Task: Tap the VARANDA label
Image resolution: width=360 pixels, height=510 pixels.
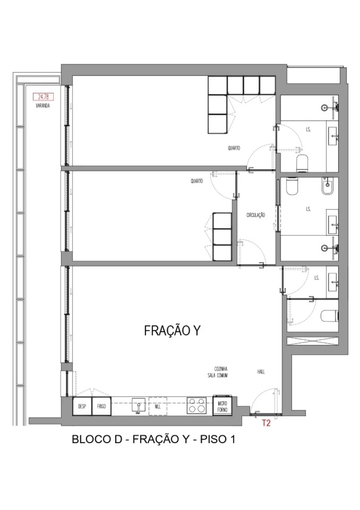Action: (42, 106)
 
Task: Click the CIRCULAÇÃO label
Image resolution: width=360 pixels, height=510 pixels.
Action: (256, 215)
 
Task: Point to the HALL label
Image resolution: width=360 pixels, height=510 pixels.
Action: (261, 371)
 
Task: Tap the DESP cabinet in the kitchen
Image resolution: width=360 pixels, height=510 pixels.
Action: (82, 406)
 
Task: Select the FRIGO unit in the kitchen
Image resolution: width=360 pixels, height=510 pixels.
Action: (101, 406)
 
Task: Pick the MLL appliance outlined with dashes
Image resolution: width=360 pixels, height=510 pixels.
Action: (158, 406)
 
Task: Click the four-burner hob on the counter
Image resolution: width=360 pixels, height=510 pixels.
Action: (196, 406)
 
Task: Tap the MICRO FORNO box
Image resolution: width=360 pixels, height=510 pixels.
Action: (222, 406)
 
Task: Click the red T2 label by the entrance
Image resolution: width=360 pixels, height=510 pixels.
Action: (266, 424)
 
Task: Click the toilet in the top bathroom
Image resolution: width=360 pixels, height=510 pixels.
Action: (302, 163)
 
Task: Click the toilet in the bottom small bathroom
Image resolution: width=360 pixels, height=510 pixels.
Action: (330, 316)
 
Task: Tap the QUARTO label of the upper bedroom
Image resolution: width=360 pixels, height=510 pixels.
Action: (234, 148)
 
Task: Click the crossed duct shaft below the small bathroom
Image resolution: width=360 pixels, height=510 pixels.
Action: (312, 342)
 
